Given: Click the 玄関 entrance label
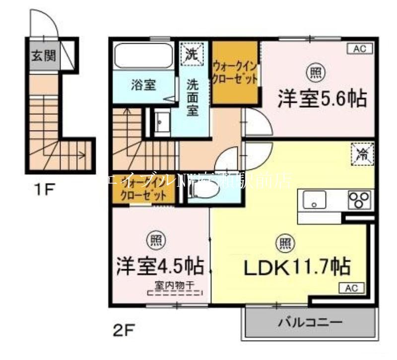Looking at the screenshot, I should [x=44, y=55].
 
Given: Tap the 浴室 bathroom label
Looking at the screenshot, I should [x=144, y=85].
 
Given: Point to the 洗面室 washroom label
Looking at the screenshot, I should [x=193, y=97].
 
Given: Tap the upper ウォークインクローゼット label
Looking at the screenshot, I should [x=235, y=72].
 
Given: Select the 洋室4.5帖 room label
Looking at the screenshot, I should [x=160, y=266].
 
